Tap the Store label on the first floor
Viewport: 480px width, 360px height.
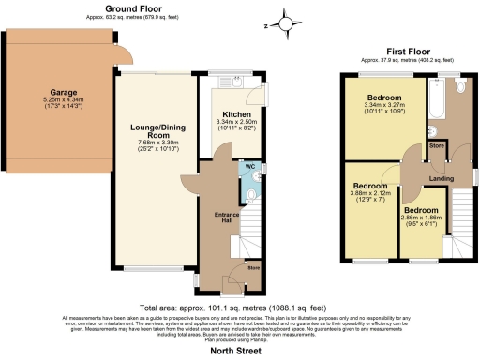(436, 145)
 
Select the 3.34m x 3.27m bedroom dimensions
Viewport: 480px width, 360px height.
(384, 107)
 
